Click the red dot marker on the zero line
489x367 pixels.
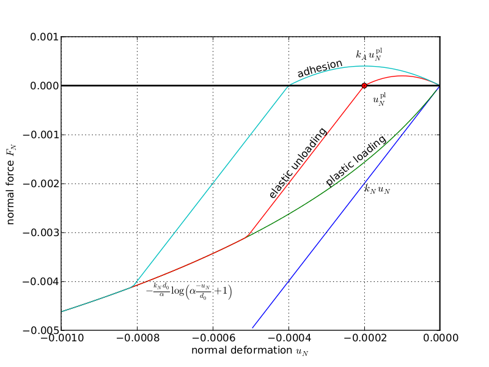point(364,86)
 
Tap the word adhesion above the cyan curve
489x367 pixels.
point(320,68)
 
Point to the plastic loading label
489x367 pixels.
point(356,160)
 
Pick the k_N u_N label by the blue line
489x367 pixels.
point(377,190)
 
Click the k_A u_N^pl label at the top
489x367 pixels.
point(370,54)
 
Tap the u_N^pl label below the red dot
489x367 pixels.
point(380,100)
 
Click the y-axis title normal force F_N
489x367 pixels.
point(11,183)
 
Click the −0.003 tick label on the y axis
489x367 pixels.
point(42,232)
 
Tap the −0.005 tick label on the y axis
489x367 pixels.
point(42,330)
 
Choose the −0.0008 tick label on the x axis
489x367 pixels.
point(137,338)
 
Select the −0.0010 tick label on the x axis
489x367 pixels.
point(61,338)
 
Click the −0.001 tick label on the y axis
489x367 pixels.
point(42,135)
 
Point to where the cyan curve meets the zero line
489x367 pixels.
point(289,86)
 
